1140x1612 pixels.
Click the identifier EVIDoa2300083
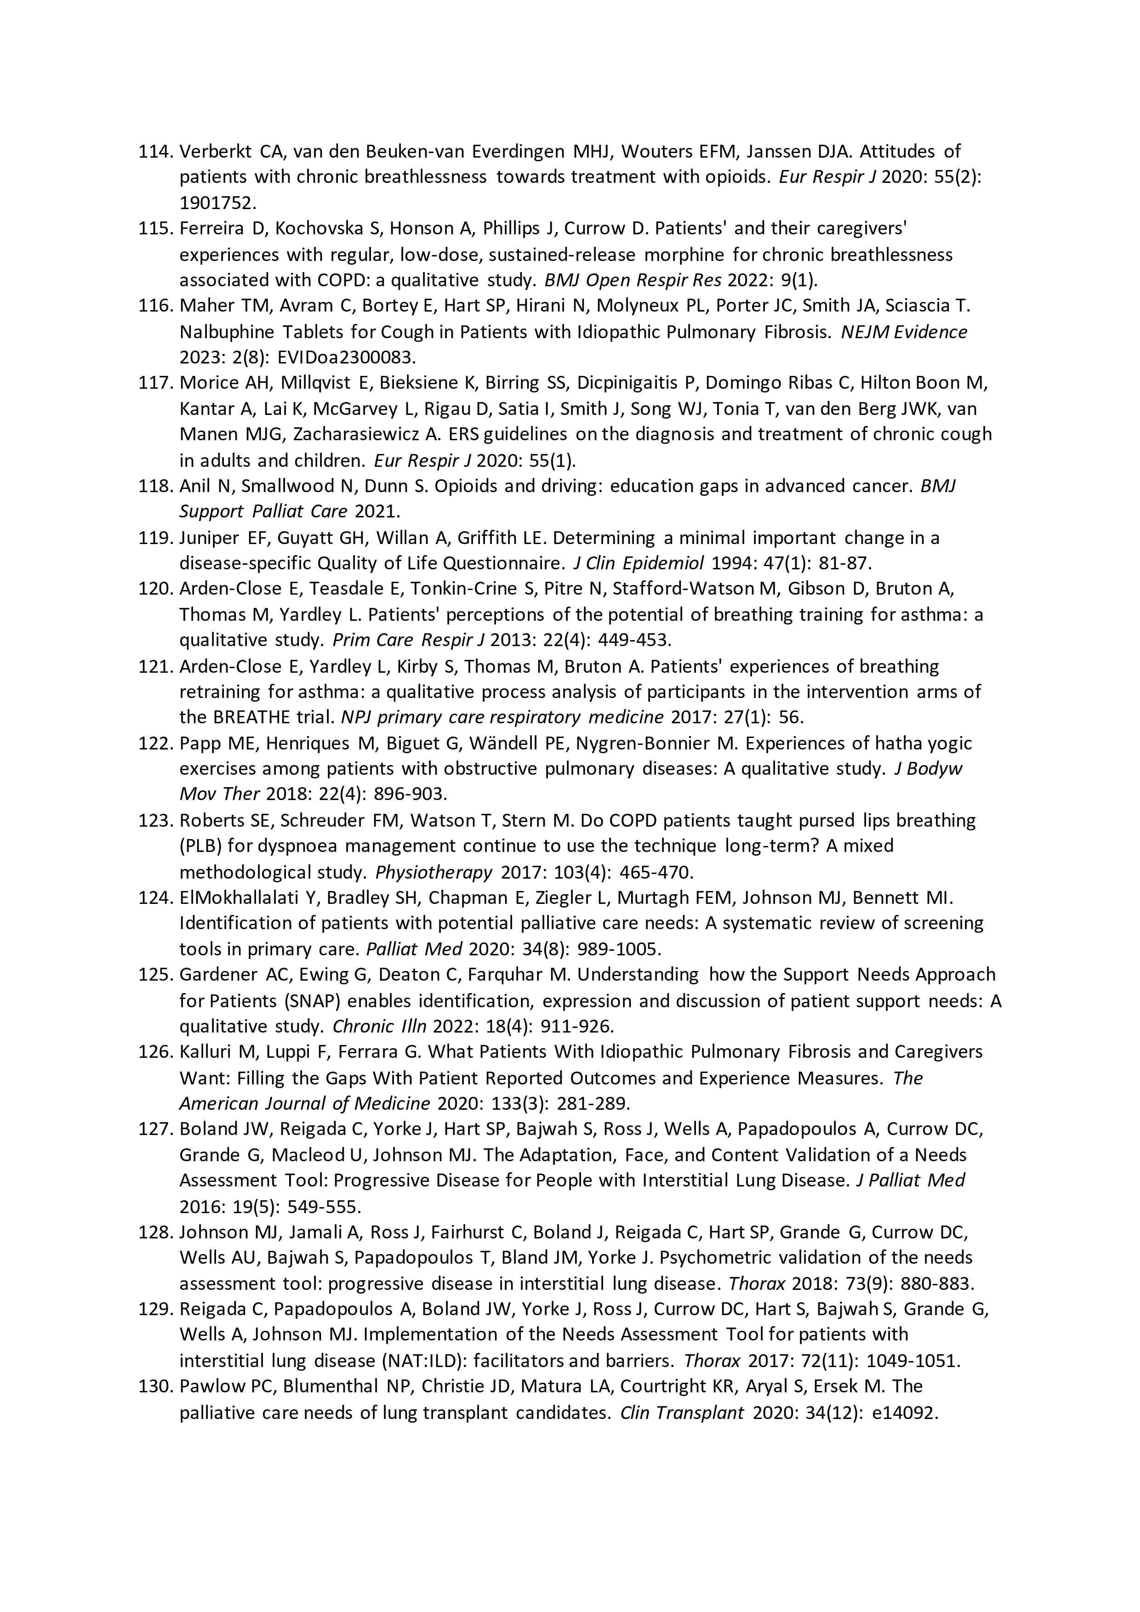tap(347, 358)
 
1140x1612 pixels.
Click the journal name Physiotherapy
tap(433, 872)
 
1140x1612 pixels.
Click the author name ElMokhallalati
tap(242, 897)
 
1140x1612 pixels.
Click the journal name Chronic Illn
tap(379, 1027)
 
